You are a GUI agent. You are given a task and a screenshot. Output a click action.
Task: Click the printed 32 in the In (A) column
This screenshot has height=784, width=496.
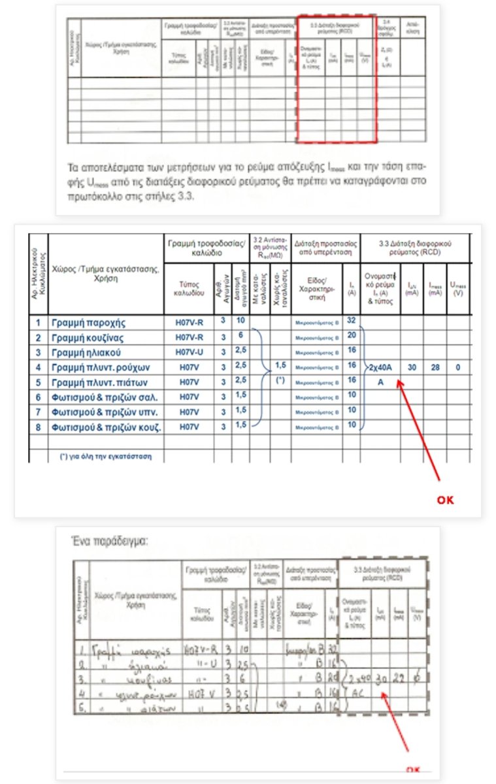[x=352, y=321]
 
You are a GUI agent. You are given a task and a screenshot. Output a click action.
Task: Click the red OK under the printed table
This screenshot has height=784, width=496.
[x=444, y=500]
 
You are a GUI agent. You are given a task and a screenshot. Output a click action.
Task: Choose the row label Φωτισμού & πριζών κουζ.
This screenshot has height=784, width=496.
[x=106, y=427]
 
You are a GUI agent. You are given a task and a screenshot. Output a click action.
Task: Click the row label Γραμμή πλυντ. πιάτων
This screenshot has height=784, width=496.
[x=105, y=382]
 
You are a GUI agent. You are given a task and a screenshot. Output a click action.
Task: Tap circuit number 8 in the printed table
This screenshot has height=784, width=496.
[x=38, y=427]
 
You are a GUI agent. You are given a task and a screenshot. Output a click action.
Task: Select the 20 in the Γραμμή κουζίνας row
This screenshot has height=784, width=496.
[x=352, y=336]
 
